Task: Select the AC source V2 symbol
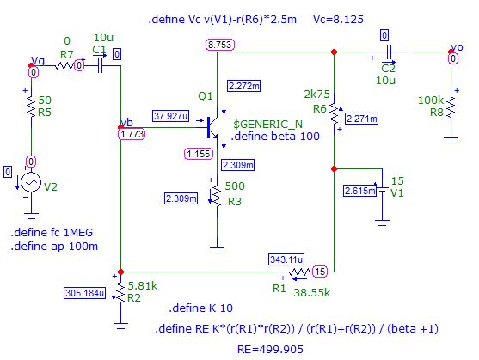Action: click(x=31, y=183)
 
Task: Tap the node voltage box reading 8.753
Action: click(x=219, y=45)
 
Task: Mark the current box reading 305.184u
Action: click(x=88, y=291)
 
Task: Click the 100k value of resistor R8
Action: click(x=431, y=101)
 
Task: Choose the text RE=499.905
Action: click(x=273, y=350)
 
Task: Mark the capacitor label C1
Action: click(x=101, y=49)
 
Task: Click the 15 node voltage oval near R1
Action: click(x=320, y=272)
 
